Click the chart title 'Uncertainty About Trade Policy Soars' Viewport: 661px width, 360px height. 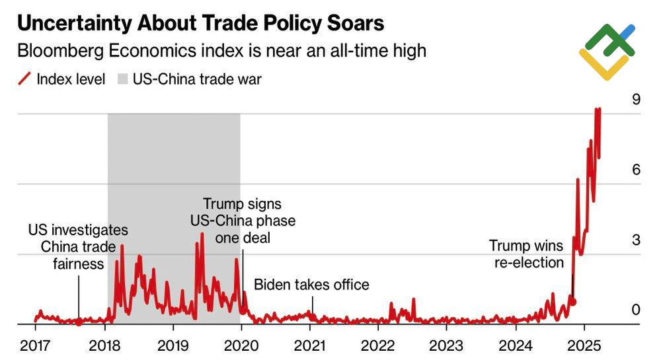tap(200, 23)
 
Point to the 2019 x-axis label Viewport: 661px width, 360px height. tap(173, 345)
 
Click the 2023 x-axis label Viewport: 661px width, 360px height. tap(447, 345)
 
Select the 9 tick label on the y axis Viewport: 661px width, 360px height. tap(636, 100)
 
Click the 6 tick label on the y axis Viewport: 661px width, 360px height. tap(636, 170)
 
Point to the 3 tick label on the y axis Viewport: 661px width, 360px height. tap(636, 240)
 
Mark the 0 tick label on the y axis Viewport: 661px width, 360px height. tap(636, 310)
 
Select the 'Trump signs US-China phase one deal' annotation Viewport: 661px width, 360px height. tap(242, 221)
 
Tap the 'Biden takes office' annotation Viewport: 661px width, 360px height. tap(311, 285)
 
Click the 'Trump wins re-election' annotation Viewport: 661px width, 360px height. tap(526, 254)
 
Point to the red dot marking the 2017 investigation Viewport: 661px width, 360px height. tap(79, 322)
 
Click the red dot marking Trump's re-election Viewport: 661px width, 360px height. tap(573, 302)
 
